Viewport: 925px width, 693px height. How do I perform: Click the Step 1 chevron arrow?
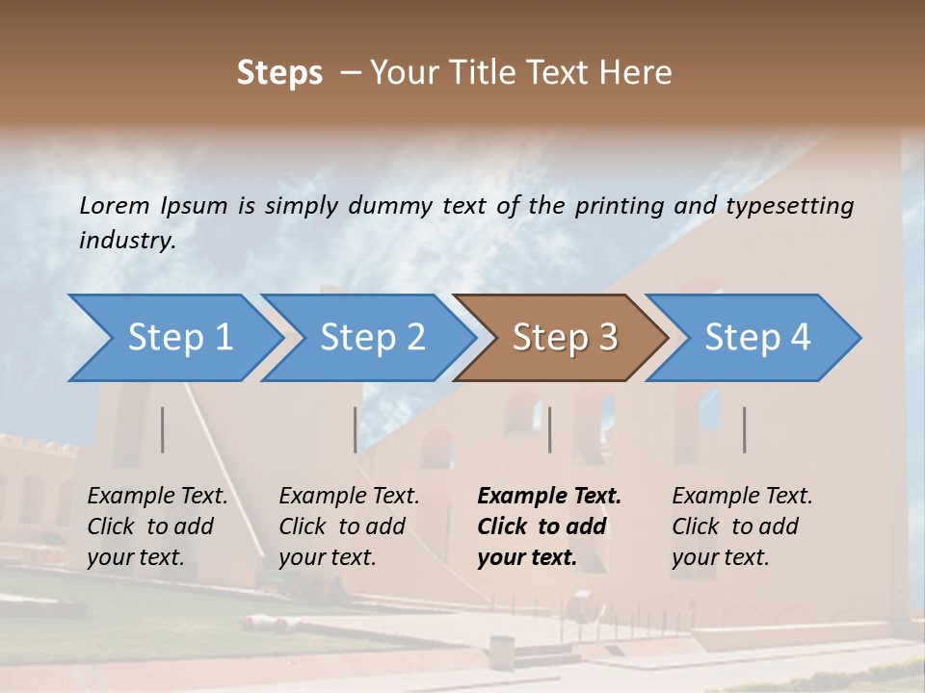[x=173, y=338]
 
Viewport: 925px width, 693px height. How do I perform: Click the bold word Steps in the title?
[x=279, y=73]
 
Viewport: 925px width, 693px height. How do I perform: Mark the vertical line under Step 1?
[x=162, y=429]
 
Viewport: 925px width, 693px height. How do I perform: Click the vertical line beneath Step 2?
[x=356, y=429]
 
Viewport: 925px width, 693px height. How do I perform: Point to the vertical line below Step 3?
[x=549, y=429]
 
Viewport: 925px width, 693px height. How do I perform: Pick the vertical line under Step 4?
[x=744, y=429]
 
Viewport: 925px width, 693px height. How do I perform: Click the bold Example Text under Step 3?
[x=549, y=497]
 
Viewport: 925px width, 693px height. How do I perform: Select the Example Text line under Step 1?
[x=157, y=497]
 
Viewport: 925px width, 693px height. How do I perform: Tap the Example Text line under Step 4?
[x=742, y=497]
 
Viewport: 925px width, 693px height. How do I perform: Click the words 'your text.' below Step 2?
[x=327, y=557]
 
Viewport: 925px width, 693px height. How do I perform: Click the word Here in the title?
[x=638, y=73]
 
